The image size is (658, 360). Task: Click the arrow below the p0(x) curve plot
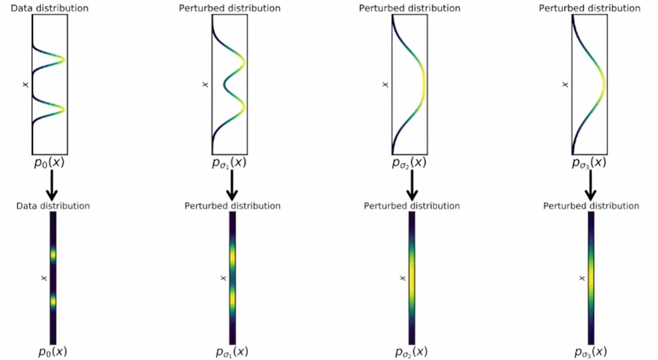pos(52,185)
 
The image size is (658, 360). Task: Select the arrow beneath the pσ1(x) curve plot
pos(232,185)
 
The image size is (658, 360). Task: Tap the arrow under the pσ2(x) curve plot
pos(412,185)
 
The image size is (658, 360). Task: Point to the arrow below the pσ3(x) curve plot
pos(590,185)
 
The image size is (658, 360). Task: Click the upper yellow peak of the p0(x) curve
pos(63,59)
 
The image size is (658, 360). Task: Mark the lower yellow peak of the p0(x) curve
pos(63,109)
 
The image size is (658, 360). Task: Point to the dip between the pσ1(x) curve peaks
pos(225,84)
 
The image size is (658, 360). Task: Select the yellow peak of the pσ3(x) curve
pos(603,84)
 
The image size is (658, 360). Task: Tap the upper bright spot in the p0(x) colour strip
pos(53,254)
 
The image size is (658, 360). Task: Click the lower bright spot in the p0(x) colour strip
pos(53,301)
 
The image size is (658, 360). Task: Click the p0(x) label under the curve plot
pos(49,162)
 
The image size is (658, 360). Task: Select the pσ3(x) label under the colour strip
pos(590,352)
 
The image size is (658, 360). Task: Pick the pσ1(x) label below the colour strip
pos(232,352)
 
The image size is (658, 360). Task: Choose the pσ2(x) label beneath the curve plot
pos(409,163)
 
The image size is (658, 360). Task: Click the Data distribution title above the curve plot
pos(49,8)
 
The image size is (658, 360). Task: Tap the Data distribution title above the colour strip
pos(53,206)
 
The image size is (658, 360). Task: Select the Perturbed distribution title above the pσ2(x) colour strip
pos(411,206)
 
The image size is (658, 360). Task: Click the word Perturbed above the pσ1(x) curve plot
pos(197,8)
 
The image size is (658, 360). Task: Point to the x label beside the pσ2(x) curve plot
pos(385,84)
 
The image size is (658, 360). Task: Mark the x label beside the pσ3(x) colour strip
pos(582,278)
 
